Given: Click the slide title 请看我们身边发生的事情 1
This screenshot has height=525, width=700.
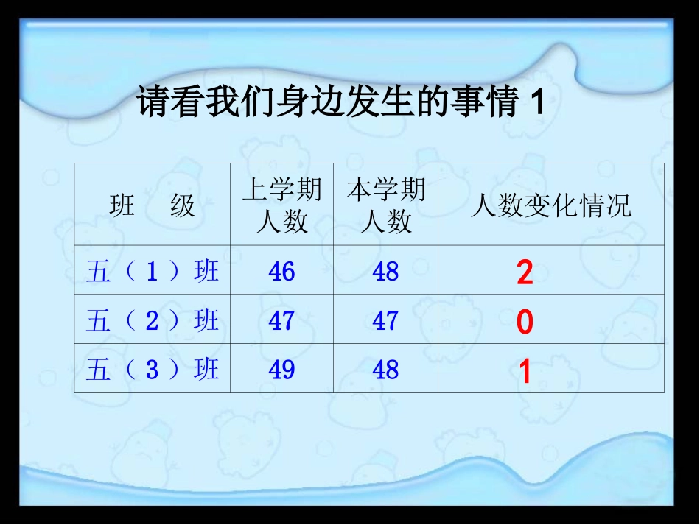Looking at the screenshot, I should pos(340,103).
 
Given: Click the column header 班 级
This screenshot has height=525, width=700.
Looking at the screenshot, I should pos(152,205).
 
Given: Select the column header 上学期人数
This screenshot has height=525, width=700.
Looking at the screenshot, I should pos(282,205).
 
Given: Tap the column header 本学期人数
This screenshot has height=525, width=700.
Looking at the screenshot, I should pos(386,205).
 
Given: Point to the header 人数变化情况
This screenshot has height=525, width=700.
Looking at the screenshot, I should pos(551,206).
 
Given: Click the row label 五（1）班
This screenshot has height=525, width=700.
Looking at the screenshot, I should pos(152,272).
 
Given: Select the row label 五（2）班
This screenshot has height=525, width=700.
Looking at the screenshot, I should pos(152,320).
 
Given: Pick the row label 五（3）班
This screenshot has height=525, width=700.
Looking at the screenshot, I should pos(152,369).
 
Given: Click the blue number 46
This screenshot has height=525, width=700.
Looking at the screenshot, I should pos(282,272).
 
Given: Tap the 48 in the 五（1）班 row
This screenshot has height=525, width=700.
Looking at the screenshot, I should pos(385,272).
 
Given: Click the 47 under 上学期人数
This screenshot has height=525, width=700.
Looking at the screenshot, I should pos(282,320).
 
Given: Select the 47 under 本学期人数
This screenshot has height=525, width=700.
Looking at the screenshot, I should pos(385,320).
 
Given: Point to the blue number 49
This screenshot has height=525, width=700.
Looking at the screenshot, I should pos(282,369).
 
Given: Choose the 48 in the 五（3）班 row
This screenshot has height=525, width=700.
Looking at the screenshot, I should pos(385,369).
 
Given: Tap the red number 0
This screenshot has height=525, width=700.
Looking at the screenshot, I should pos(525,323).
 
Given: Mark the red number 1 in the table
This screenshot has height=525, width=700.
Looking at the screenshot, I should pos(525,373).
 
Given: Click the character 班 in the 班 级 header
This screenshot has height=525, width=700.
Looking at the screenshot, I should pos(122,205).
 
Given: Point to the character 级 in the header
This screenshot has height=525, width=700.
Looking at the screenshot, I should pos(183,205).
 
